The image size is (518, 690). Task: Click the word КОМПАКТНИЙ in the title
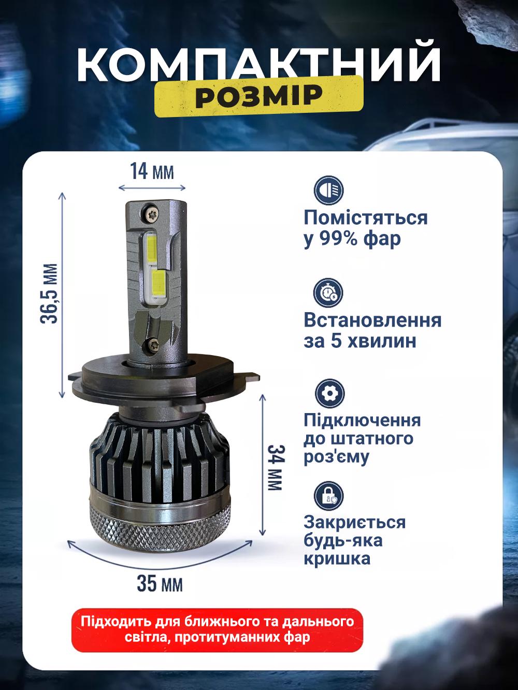(x=259, y=65)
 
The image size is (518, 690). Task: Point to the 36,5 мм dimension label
(x=49, y=293)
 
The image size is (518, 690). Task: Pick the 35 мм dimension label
(x=160, y=584)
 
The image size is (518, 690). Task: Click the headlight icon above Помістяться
(x=328, y=190)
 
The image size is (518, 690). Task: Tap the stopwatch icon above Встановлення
(x=328, y=293)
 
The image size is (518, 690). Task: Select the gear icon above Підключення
(x=328, y=393)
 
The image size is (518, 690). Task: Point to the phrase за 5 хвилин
(x=359, y=342)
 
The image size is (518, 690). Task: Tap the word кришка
(x=337, y=559)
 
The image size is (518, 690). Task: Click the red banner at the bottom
(x=217, y=628)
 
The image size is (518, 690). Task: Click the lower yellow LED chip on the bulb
(x=156, y=283)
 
